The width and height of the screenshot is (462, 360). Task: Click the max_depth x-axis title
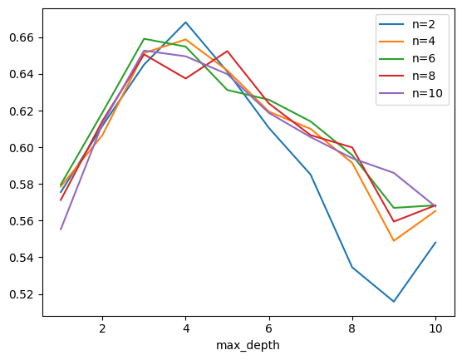tap(248, 345)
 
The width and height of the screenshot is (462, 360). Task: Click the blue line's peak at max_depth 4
tap(185, 22)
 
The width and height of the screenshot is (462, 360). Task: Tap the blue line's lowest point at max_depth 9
tap(393, 301)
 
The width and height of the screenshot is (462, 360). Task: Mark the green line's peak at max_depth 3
tap(144, 38)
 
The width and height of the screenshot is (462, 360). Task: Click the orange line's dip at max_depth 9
tap(393, 241)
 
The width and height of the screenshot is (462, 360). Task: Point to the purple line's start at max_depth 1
tap(61, 229)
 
